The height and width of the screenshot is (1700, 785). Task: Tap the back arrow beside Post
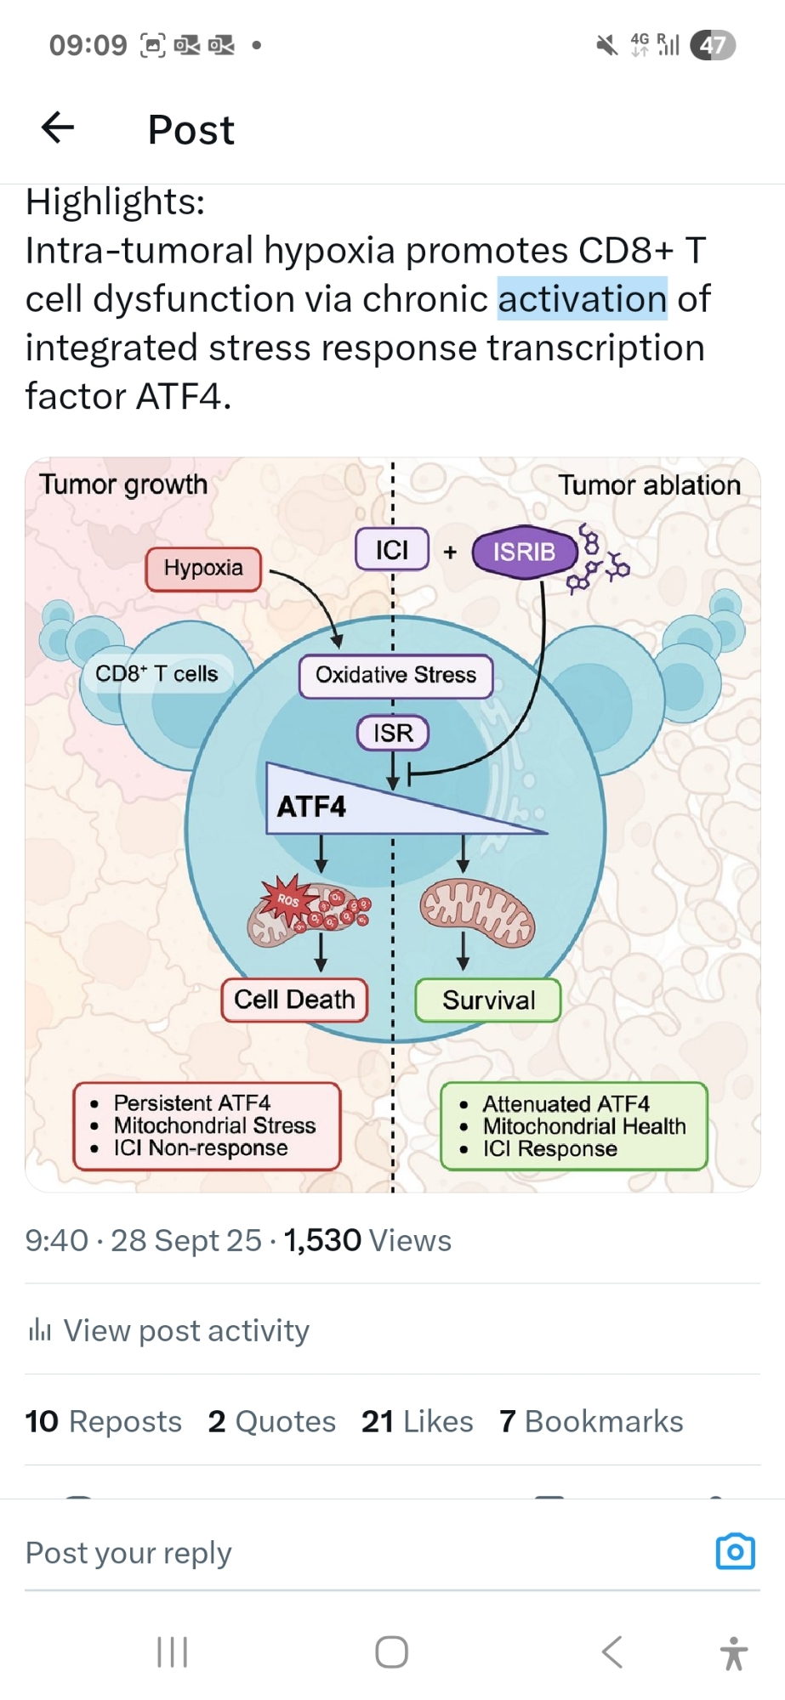tap(58, 128)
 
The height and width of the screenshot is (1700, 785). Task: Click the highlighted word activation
tap(582, 299)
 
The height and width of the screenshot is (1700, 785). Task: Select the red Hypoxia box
tap(203, 569)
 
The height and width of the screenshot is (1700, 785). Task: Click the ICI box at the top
tap(392, 550)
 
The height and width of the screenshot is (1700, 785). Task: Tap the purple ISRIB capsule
tap(524, 552)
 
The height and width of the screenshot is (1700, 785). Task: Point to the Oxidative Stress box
tap(395, 676)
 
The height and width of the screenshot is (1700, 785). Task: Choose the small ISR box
tap(392, 733)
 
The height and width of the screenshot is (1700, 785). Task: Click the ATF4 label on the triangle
tap(311, 807)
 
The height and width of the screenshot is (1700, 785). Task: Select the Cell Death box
tap(294, 1000)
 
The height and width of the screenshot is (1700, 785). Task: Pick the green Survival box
tap(488, 1000)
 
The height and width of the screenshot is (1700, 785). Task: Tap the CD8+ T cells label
tap(156, 674)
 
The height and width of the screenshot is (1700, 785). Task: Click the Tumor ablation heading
tap(649, 485)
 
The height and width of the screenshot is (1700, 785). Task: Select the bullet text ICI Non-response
tap(201, 1148)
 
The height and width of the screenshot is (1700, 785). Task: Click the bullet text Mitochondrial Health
tap(583, 1126)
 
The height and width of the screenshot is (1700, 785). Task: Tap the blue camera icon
tap(735, 1551)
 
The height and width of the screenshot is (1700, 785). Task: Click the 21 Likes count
tap(417, 1421)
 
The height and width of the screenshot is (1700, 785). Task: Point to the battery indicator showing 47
tap(713, 45)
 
